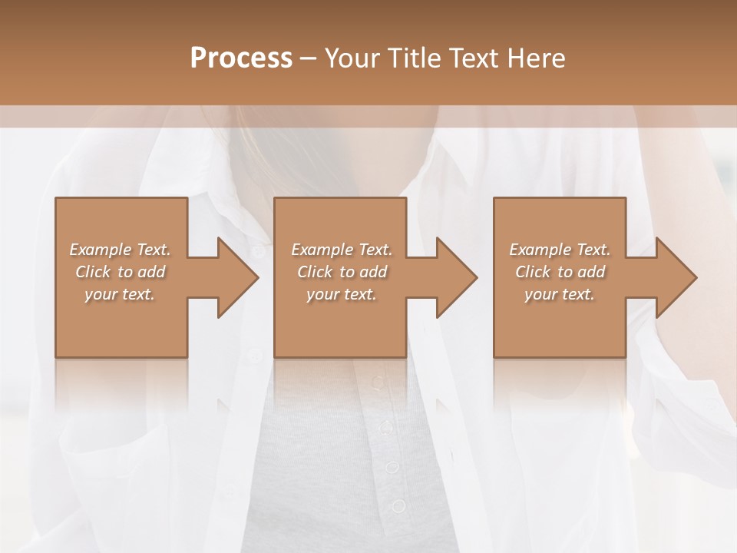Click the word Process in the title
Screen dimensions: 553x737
241,58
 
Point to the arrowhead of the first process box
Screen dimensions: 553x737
235,277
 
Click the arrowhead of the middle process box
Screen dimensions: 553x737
454,277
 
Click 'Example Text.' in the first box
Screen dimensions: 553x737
120,250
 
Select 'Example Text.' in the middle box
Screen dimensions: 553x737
342,250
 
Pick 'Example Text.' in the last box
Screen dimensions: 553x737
560,250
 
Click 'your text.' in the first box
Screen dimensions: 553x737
120,294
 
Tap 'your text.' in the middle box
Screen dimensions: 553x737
342,294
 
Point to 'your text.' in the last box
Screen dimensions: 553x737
560,294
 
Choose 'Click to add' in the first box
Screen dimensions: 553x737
120,272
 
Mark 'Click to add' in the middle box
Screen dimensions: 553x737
342,272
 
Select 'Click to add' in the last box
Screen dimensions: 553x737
560,272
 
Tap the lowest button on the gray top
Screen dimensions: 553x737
398,505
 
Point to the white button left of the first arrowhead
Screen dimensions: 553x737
258,250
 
